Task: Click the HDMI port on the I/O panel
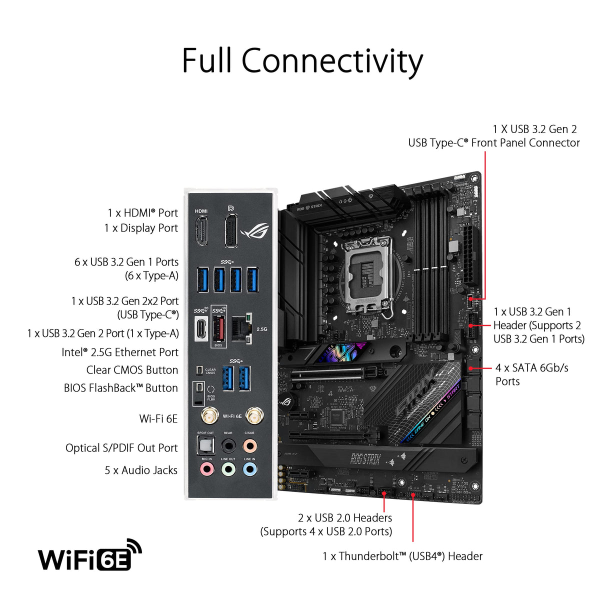point(201,230)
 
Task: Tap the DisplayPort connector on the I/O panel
point(230,230)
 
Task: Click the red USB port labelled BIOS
point(218,328)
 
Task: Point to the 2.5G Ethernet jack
point(241,328)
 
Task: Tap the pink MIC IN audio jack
point(206,469)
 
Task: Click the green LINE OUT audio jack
point(228,469)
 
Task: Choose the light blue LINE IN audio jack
point(249,469)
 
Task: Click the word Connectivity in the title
point(332,61)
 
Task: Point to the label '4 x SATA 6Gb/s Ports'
point(531,374)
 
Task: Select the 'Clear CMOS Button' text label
point(132,370)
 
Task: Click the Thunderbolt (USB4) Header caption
point(402,556)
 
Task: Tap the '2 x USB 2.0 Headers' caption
point(345,518)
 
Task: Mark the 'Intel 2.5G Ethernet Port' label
point(120,352)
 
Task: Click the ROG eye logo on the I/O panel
point(255,230)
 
